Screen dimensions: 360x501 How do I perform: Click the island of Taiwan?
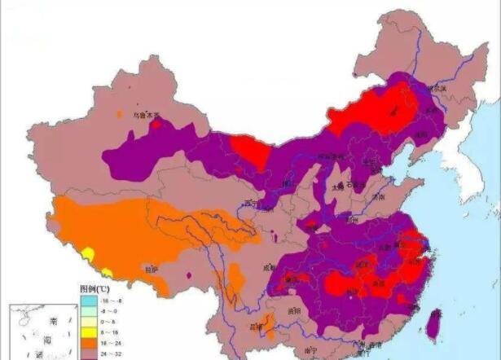(433, 323)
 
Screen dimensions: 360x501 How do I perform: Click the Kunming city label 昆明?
(257, 327)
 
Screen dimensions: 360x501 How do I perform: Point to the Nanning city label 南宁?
(310, 351)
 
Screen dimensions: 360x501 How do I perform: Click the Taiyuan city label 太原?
(337, 186)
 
